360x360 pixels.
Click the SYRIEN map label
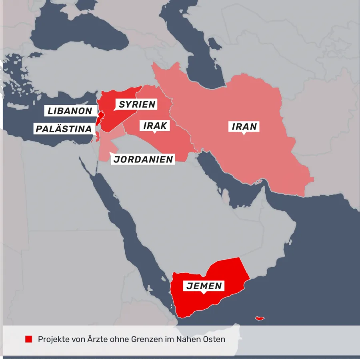pos(137,105)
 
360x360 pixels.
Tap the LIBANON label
pos(70,111)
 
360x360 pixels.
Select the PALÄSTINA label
pos(64,129)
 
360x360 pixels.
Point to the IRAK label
pos(155,126)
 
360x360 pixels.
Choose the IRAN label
pos(244,127)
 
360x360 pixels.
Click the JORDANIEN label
pos(143,159)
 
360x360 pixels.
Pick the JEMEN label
pos(204,286)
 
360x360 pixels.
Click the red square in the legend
pos(28,339)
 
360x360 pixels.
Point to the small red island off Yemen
pos(260,318)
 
